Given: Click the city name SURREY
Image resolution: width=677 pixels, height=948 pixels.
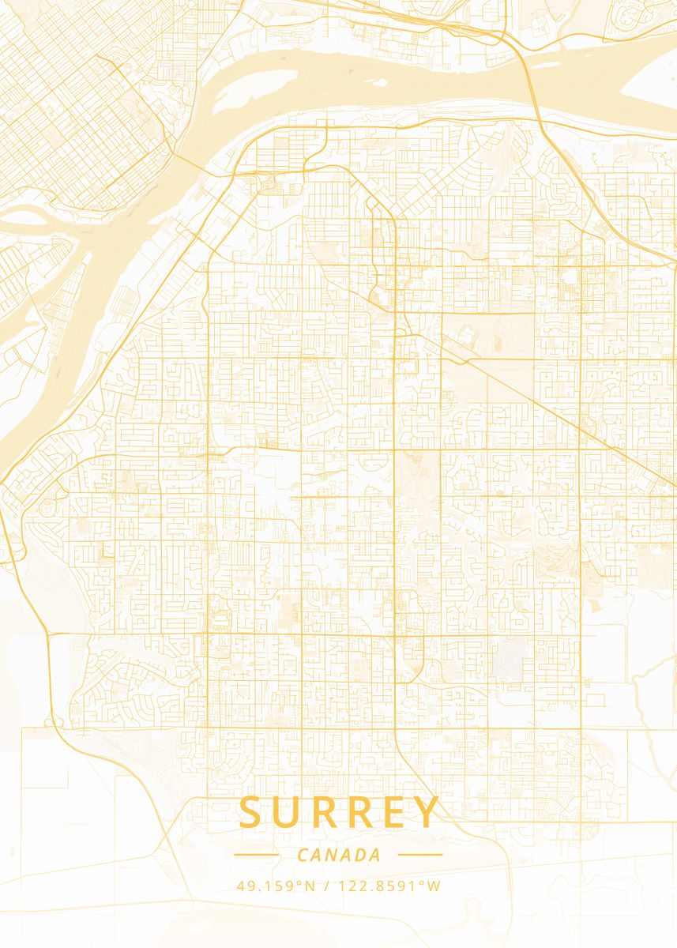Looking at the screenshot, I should tap(339, 813).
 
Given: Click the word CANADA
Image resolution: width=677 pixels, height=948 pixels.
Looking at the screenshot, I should tap(339, 855).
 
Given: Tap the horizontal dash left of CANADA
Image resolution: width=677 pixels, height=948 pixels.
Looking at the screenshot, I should tap(256, 855).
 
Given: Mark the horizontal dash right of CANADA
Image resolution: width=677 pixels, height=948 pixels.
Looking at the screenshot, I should tap(420, 855).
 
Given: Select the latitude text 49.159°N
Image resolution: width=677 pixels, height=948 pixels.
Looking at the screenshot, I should tap(276, 886).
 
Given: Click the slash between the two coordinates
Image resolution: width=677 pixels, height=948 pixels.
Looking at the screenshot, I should tap(327, 886).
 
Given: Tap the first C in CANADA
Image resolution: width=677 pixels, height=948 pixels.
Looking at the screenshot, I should tap(303, 855).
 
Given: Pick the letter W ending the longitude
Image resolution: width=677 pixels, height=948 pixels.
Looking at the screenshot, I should tap(434, 886).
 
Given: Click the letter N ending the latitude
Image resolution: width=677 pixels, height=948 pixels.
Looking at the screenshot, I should tap(310, 886).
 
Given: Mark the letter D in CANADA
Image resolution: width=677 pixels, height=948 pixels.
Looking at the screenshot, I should tap(361, 855).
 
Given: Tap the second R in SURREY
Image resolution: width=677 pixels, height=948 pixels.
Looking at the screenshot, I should tap(357, 813).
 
